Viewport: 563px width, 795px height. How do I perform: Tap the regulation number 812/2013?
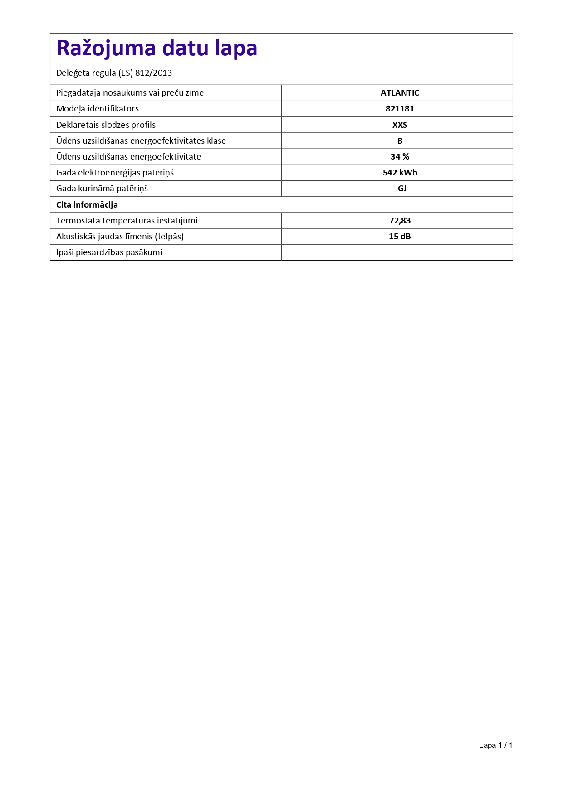point(153,73)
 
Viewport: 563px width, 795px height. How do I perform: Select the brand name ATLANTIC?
point(400,93)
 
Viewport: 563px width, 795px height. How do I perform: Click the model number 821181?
point(400,109)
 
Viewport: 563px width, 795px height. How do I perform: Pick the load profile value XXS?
point(400,125)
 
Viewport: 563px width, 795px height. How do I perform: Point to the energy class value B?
point(400,141)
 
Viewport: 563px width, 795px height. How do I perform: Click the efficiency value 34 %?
point(400,157)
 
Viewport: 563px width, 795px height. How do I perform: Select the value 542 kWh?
point(400,173)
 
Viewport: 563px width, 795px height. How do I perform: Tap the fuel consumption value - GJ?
point(400,189)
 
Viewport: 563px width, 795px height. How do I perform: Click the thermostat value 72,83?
point(400,221)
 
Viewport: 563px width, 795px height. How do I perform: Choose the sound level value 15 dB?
point(400,237)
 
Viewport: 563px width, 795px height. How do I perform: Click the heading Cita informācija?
point(87,205)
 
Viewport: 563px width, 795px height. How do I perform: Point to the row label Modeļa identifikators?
point(98,109)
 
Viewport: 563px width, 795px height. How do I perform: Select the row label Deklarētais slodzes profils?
point(106,125)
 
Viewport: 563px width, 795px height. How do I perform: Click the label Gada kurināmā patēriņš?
point(102,189)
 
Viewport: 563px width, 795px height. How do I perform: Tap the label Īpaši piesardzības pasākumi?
point(109,252)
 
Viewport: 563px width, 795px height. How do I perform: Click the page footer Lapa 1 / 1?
point(495,745)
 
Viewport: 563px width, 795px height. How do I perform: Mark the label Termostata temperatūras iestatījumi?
point(127,221)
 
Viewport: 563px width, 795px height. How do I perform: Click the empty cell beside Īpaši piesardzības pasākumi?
point(397,252)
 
